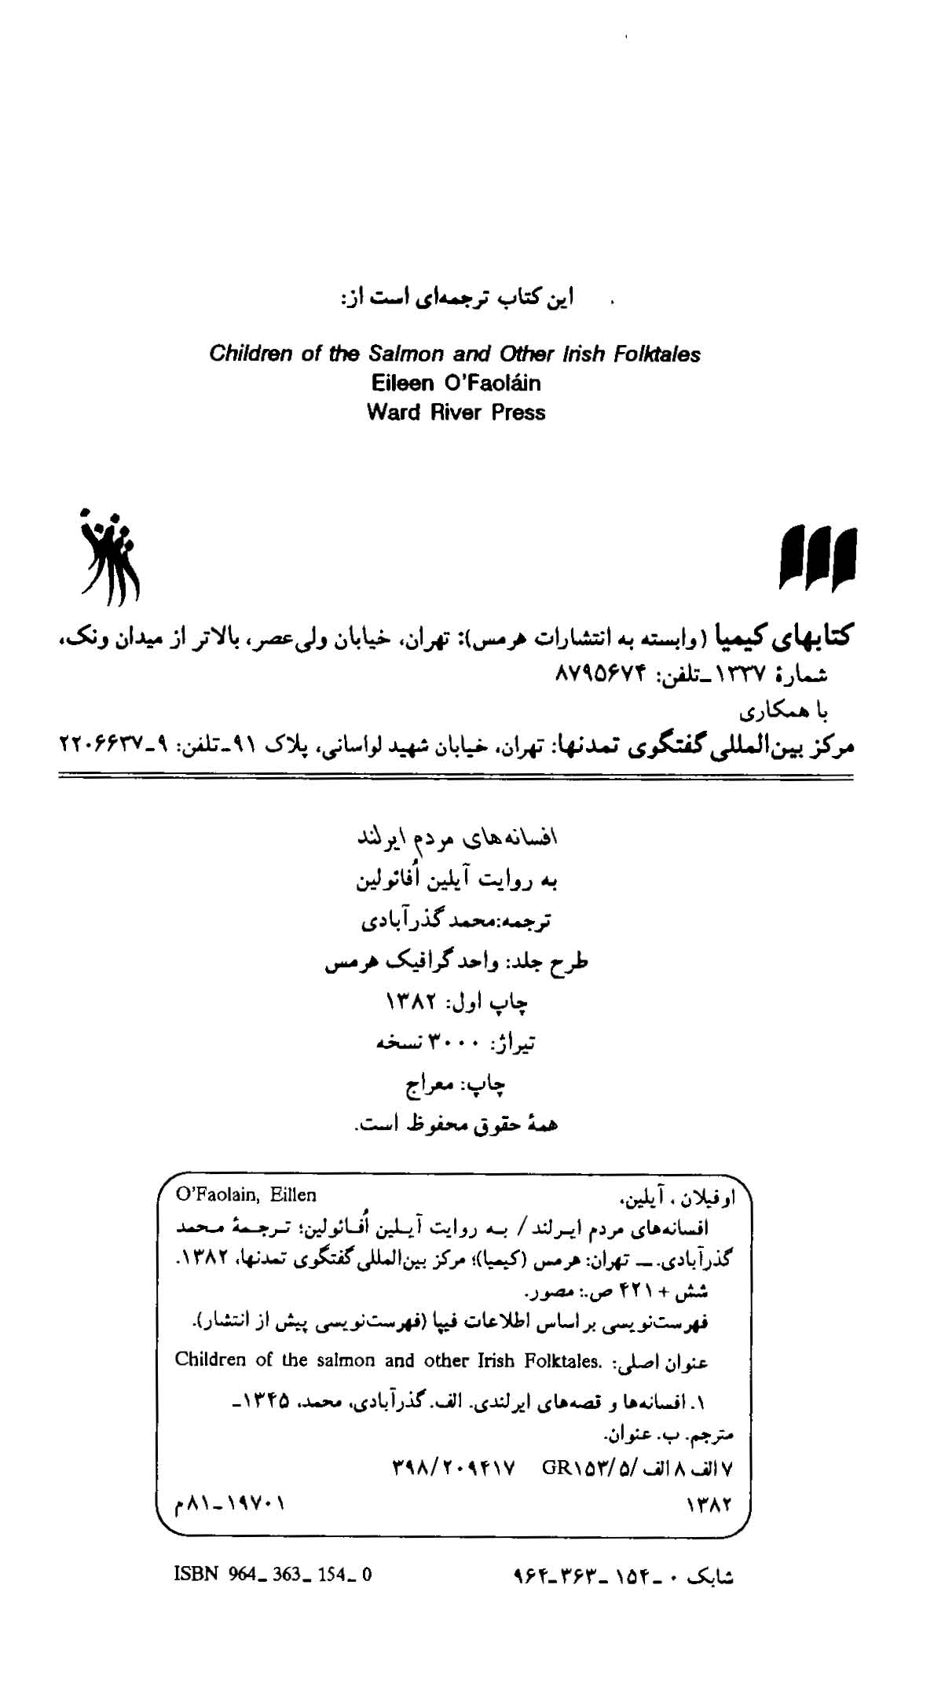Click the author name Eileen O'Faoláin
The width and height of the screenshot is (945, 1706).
456,383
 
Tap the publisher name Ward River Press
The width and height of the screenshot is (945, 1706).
456,412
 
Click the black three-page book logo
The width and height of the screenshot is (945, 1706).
818,558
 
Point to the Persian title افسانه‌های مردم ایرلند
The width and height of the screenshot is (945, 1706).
458,838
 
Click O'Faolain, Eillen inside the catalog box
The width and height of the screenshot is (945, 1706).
246,1195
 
